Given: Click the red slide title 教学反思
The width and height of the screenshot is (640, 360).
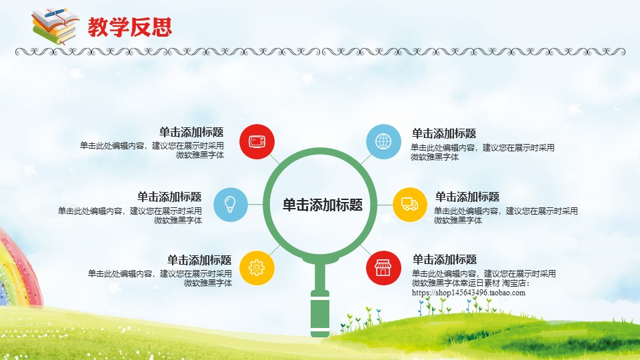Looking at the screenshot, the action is [130, 27].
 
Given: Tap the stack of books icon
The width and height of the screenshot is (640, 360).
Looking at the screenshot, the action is [55, 26].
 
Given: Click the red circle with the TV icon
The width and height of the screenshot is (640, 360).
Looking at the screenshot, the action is [257, 141].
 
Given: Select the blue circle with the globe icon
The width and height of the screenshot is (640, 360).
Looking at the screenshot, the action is [383, 141].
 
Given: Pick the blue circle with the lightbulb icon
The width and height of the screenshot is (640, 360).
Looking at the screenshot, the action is [231, 205].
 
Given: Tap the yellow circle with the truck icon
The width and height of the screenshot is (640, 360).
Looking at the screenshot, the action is [410, 205].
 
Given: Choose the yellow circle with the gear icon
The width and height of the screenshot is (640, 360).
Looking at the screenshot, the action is [257, 268].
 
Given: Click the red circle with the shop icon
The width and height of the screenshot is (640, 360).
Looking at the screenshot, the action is [383, 268].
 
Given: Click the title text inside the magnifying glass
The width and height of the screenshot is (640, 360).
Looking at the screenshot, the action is [323, 205].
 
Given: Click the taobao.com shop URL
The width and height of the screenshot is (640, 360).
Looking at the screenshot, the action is [469, 293].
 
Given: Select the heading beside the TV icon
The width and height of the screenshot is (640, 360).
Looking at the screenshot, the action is [191, 132].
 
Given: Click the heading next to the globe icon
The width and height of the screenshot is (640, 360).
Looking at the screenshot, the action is [444, 133].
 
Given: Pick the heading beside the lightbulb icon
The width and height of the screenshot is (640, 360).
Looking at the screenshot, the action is [169, 197].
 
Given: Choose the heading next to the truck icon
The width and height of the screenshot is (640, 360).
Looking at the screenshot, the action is [467, 197].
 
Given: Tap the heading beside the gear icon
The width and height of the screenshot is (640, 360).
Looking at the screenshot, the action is [199, 260].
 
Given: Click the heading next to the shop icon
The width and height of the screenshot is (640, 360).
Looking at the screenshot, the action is [445, 259].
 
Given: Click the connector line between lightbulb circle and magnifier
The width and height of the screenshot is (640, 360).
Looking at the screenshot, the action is [255, 205].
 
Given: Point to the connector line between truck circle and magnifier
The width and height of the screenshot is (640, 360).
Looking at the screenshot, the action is [385, 205].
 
